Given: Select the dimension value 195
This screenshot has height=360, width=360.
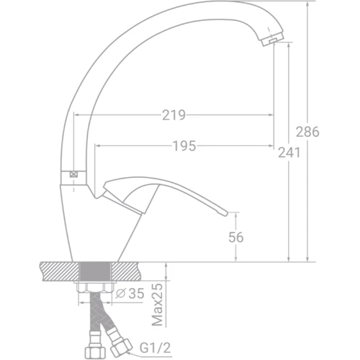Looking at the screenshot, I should [x=186, y=146].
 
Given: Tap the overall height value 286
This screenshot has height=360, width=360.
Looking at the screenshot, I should [x=307, y=132].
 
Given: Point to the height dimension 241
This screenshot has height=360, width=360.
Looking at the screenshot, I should [x=289, y=153].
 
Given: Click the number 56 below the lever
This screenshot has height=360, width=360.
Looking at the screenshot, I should [x=235, y=238].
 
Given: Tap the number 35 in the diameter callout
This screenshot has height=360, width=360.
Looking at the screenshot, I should [x=137, y=294].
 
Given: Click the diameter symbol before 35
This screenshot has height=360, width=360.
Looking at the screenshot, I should [x=121, y=294].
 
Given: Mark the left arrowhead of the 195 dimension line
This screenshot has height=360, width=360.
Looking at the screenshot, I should [x=97, y=146].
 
